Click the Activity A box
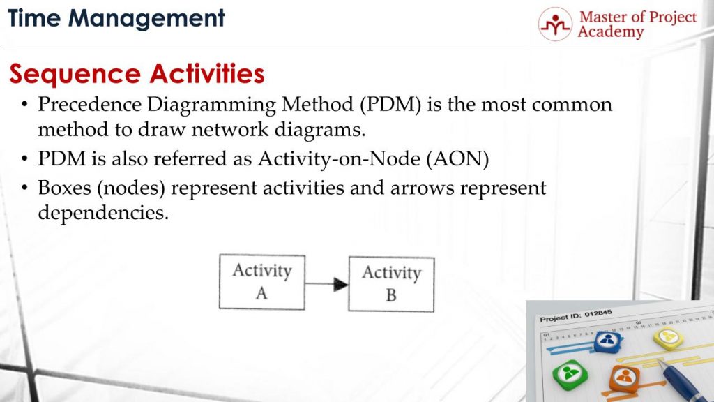pos(261,282)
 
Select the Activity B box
pos(391,284)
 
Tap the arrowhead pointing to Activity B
pos(340,284)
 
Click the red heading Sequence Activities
pos(137,74)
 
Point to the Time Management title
pos(116,18)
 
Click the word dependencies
pos(102,213)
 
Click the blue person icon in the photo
pos(607,341)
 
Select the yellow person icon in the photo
pos(668,338)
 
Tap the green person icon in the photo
pos(570,374)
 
